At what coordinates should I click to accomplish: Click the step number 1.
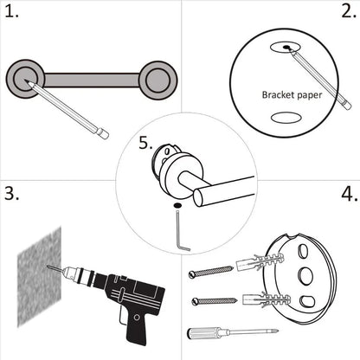(13, 14)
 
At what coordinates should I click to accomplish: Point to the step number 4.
(347, 193)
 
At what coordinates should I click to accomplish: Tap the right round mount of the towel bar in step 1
(158, 80)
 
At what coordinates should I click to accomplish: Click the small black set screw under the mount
(177, 205)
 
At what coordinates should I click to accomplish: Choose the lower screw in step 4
(215, 300)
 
